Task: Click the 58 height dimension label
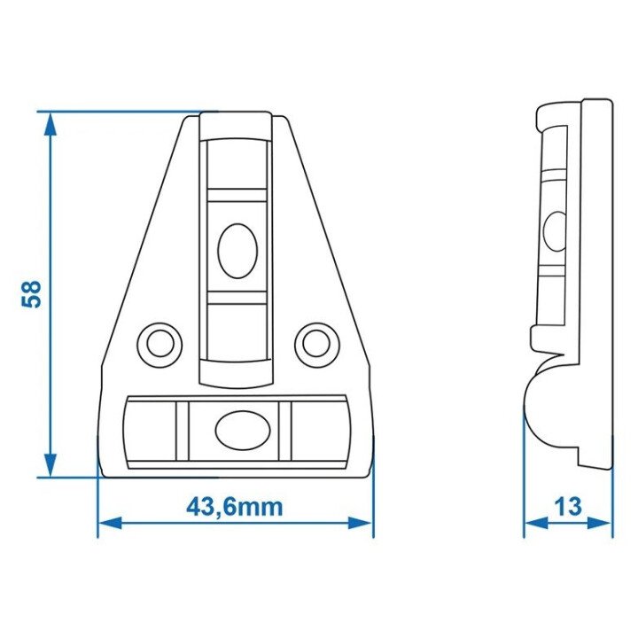(x=31, y=294)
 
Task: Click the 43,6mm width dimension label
(x=234, y=507)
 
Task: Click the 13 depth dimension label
(x=568, y=507)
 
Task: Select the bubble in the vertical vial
(x=237, y=251)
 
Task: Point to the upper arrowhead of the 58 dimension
(x=50, y=124)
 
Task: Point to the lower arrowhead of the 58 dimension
(x=50, y=465)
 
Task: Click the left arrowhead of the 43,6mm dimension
(x=110, y=523)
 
